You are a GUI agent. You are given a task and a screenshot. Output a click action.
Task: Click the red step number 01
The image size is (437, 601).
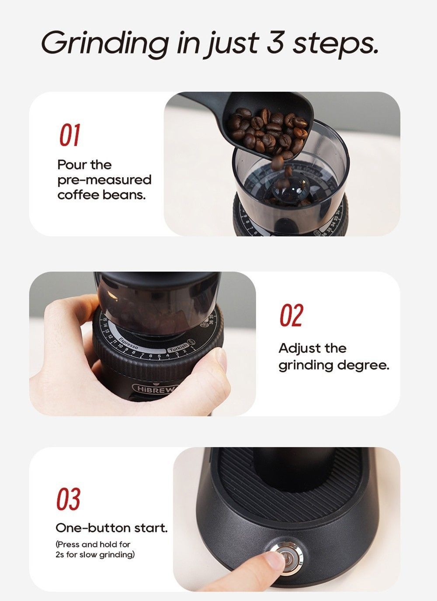[x=69, y=135]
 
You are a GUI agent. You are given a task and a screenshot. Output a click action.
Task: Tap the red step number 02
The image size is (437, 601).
[x=291, y=316]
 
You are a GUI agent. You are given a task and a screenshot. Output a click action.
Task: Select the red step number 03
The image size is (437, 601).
[x=68, y=499]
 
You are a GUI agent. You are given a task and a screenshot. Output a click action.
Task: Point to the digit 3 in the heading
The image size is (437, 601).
[x=275, y=42]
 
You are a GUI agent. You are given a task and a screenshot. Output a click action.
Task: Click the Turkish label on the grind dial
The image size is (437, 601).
[x=178, y=348]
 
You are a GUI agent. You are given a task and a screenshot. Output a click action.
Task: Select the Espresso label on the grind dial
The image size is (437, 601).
[x=128, y=343]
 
